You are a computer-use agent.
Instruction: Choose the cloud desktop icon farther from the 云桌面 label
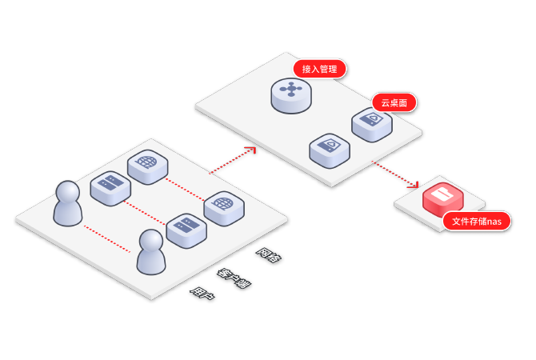pyautogui.click(x=329, y=150)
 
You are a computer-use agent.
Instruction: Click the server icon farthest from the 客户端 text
pyautogui.click(x=110, y=188)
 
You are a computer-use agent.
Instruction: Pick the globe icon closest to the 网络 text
pyautogui.click(x=223, y=207)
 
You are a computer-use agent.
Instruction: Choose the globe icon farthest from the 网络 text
pyautogui.click(x=146, y=165)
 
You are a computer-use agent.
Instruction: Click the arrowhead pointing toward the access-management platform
pyautogui.click(x=250, y=150)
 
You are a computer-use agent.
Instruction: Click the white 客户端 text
pyautogui.click(x=234, y=277)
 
